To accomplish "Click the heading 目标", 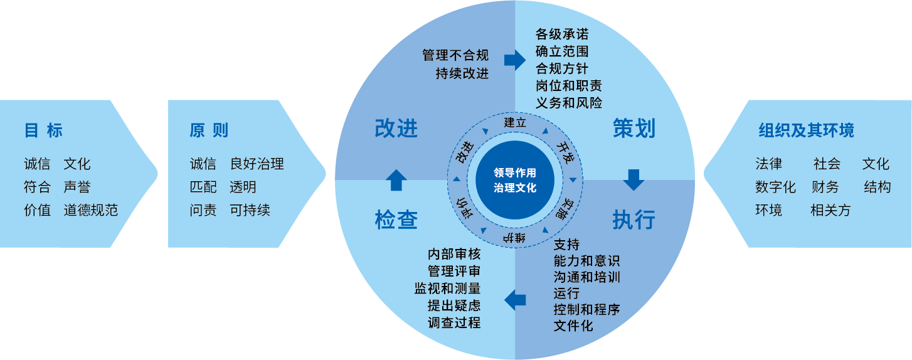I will click(x=43, y=130).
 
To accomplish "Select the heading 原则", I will click(x=209, y=130).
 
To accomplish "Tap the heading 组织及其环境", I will click(x=806, y=130).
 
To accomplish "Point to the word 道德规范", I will click(x=90, y=210).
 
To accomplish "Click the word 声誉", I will click(x=77, y=187).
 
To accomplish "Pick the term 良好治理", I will click(x=257, y=164).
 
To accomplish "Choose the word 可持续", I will click(x=250, y=210).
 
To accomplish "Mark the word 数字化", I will click(x=775, y=187).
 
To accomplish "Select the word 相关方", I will click(x=830, y=210).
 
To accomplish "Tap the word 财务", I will click(x=825, y=187).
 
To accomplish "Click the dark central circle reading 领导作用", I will click(x=515, y=179).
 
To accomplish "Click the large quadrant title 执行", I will click(x=634, y=220).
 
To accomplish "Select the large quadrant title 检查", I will click(x=396, y=220).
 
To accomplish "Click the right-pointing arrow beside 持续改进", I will click(x=514, y=60).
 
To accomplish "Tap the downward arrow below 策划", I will click(x=634, y=179).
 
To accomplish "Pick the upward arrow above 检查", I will click(x=396, y=179).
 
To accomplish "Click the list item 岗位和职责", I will click(x=569, y=85).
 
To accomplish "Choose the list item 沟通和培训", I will click(x=587, y=277).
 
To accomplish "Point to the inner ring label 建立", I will click(x=515, y=122).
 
